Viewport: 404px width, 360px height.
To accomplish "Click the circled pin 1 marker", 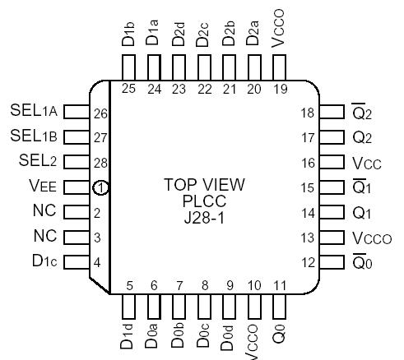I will tap(100, 188).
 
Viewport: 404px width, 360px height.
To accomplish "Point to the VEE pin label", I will tap(43, 188).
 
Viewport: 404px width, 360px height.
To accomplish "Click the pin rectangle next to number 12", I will tap(330, 263).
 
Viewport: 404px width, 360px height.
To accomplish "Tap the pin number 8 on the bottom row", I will tap(205, 286).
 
